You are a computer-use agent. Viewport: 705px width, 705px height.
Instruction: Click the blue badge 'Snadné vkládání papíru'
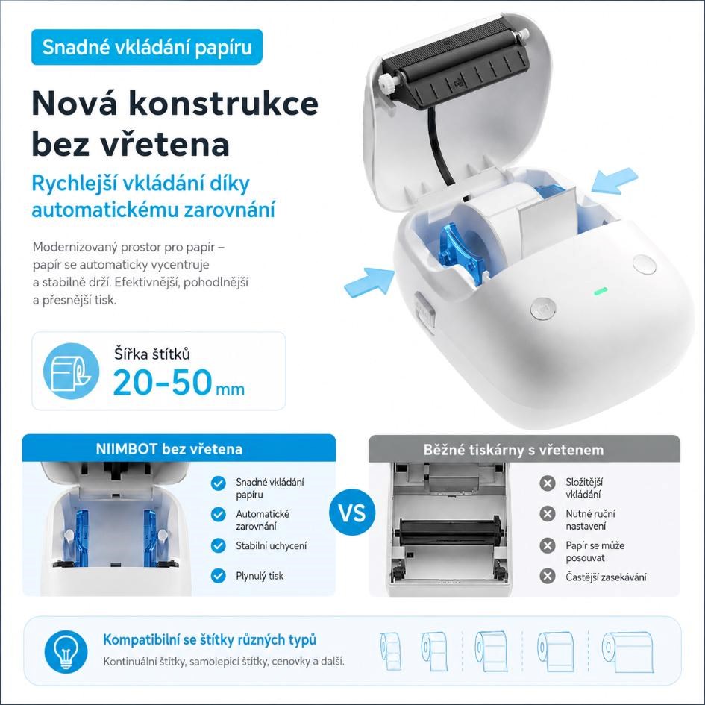pos(146,47)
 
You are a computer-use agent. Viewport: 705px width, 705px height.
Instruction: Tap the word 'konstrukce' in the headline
pos(224,104)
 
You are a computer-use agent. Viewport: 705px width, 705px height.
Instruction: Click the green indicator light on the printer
pos(601,291)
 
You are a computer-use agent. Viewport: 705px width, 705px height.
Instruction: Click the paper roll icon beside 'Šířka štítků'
pos(71,371)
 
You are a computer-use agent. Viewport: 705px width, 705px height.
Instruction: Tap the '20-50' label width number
pos(163,383)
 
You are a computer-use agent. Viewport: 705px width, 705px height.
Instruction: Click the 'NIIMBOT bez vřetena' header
pos(169,448)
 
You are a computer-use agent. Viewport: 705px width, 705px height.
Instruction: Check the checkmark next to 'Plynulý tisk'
pos(218,575)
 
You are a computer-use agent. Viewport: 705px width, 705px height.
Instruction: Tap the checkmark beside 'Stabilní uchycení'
pos(218,545)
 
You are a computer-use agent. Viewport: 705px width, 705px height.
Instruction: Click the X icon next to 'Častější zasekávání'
pos(547,576)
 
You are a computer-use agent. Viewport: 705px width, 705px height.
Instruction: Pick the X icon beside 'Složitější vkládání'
pos(547,483)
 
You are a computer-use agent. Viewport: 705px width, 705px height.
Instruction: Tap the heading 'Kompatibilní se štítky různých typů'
pos(210,639)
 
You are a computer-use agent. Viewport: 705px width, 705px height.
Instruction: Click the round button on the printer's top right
pos(644,264)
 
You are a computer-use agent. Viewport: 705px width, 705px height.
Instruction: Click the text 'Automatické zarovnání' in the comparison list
pos(263,520)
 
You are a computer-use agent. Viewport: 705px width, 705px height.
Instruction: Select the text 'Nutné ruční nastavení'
pos(590,520)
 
